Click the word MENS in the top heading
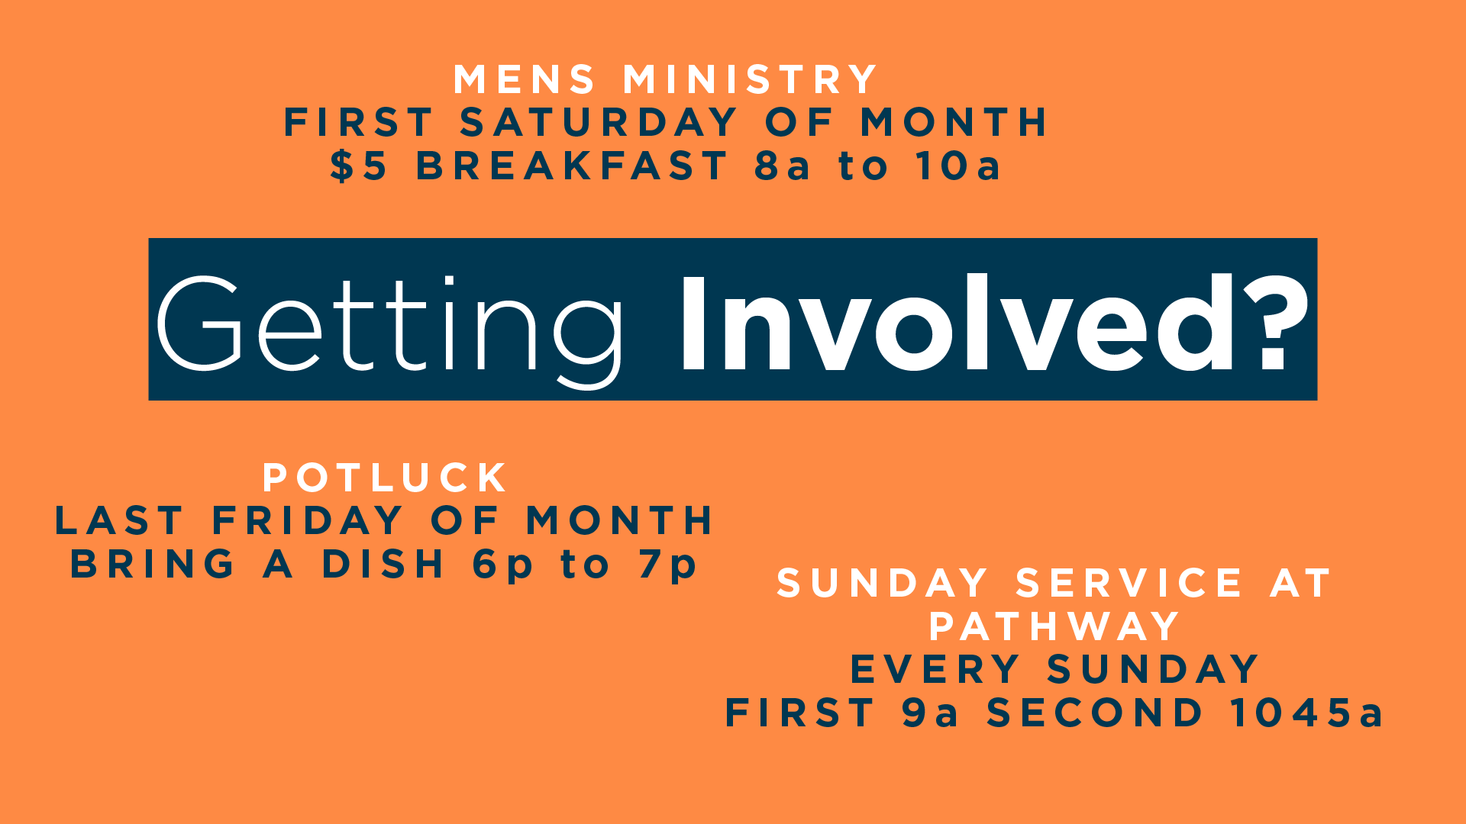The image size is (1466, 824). pos(525,79)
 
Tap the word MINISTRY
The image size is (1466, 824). pos(750,79)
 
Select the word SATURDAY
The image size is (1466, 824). pos(599,122)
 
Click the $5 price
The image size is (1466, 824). pos(359,166)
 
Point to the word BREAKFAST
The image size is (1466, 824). pos(572,166)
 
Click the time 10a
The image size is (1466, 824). pos(958,166)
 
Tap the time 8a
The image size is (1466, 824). pos(782,166)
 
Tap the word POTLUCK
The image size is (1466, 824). pos(385,478)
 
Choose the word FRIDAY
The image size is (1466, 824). pos(307,521)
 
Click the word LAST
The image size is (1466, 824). pos(119,521)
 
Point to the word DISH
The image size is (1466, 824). pos(383,564)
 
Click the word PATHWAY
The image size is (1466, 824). pos(1054,626)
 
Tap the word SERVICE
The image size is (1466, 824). pos(1129,584)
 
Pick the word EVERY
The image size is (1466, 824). pos(935,670)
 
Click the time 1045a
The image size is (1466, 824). pos(1306,713)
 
